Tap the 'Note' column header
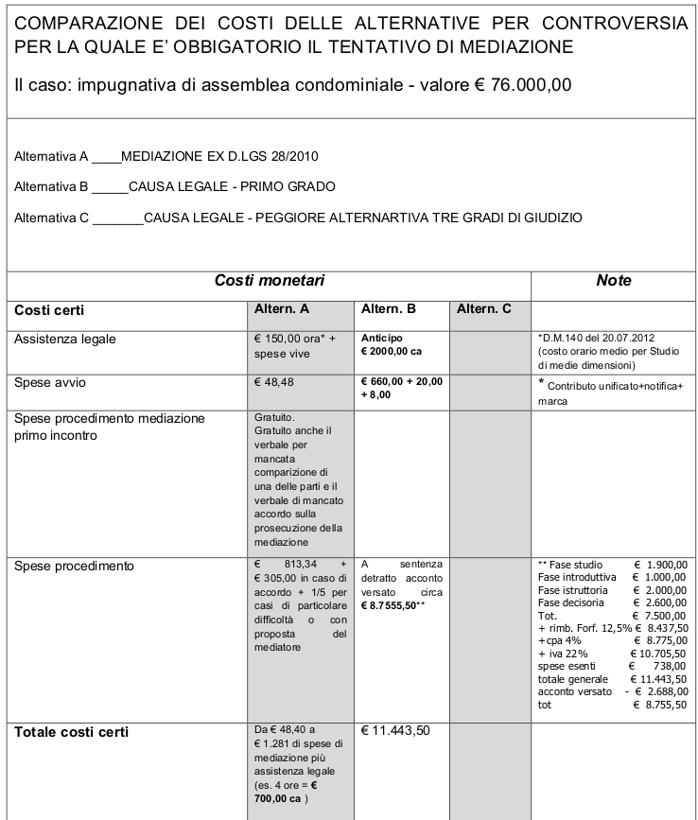coord(613,281)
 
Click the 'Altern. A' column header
coord(283,309)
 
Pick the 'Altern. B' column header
coord(389,309)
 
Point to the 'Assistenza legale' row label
coord(64,338)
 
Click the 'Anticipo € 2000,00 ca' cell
coord(393,344)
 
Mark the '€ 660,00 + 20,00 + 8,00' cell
coord(402,389)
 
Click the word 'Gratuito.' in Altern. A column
coord(276,416)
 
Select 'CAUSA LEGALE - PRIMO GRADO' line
coord(232,186)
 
